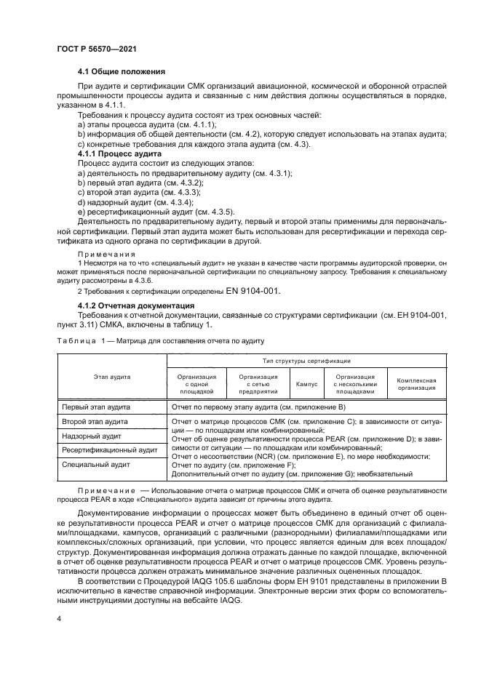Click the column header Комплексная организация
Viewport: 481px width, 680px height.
click(x=416, y=384)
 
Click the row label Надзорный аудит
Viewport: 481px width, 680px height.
click(x=91, y=436)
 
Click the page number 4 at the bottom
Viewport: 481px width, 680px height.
click(x=59, y=617)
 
